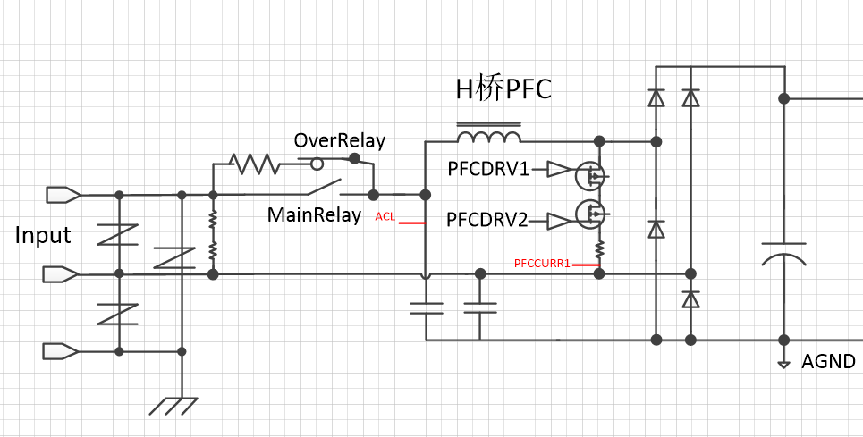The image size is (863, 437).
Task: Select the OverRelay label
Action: [x=340, y=141]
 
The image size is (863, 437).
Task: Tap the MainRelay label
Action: [x=315, y=215]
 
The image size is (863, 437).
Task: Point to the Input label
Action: [x=43, y=236]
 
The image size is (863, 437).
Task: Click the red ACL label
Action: [x=385, y=216]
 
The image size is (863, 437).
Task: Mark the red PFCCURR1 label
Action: [x=543, y=263]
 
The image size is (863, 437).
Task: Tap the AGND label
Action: [x=828, y=362]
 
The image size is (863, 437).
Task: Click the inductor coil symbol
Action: [x=488, y=136]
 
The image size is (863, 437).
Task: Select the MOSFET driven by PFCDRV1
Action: [x=589, y=173]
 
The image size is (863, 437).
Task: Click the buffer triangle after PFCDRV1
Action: [x=558, y=169]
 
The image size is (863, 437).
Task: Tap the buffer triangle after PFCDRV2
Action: [x=558, y=220]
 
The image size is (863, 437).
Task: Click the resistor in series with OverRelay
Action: [x=255, y=164]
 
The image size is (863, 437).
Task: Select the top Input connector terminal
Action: [x=63, y=194]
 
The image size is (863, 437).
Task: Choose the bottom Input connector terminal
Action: [x=63, y=350]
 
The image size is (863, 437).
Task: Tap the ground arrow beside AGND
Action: [x=783, y=363]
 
